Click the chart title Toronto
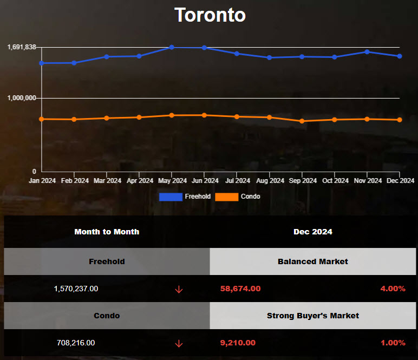tap(210, 15)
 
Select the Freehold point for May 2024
tap(172, 47)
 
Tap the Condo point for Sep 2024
tap(302, 121)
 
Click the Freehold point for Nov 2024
tap(367, 52)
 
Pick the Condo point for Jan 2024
tap(42, 119)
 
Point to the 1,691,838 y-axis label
tap(22, 47)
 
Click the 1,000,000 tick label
tap(22, 98)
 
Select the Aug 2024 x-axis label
tap(270, 181)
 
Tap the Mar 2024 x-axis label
tap(107, 181)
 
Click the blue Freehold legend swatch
tap(171, 197)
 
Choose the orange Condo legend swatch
tap(226, 197)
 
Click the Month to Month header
tap(107, 232)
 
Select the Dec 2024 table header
tap(313, 232)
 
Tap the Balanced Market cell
tap(313, 261)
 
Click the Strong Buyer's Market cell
tap(313, 316)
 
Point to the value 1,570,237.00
tap(76, 289)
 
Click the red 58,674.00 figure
tap(240, 289)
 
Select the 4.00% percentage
tap(393, 289)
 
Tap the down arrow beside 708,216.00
tap(179, 343)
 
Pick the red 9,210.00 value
tap(238, 343)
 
